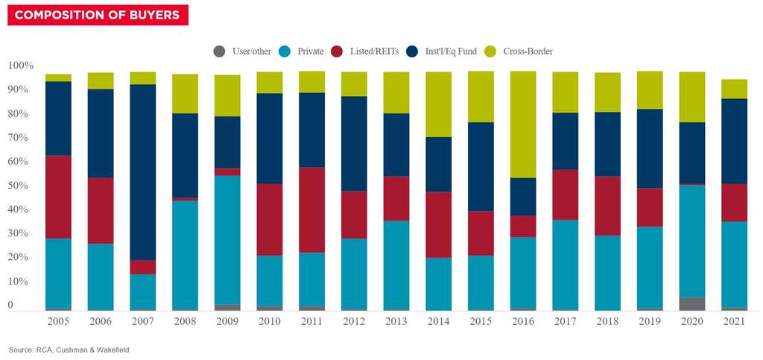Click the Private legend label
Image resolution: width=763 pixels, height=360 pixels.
(310, 51)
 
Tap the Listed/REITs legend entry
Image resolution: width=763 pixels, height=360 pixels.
(377, 51)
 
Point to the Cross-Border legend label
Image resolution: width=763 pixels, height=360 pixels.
(528, 51)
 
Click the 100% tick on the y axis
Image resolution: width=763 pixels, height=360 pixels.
(21, 66)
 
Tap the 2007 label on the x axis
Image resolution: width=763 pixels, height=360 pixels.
(142, 321)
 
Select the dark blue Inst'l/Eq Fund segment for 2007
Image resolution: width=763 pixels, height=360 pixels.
(142, 172)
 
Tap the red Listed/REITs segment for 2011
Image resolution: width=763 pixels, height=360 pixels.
(311, 210)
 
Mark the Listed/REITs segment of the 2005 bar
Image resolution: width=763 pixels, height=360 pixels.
(58, 197)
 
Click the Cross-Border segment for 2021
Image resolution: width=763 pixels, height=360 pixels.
(734, 89)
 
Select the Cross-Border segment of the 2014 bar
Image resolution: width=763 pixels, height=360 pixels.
(438, 104)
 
